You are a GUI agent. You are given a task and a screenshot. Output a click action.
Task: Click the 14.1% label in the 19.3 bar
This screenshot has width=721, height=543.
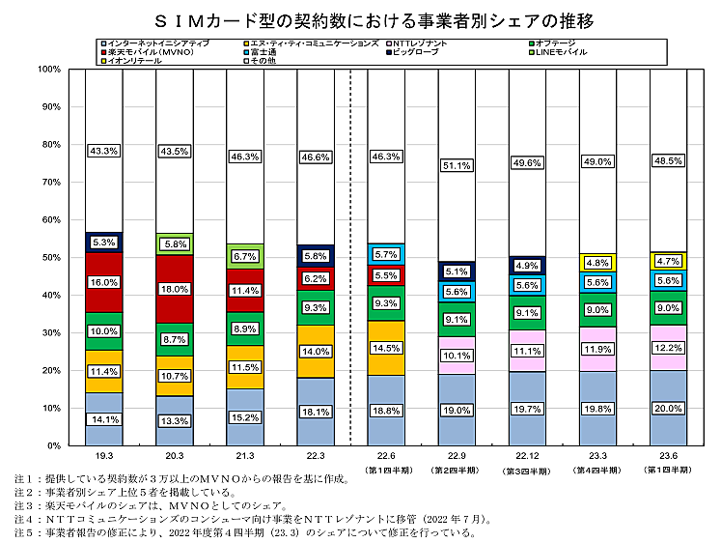103,419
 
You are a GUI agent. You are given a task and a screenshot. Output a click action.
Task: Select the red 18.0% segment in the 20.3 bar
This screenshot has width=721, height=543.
174,289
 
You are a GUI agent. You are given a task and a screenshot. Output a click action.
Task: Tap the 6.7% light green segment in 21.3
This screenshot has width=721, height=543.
244,256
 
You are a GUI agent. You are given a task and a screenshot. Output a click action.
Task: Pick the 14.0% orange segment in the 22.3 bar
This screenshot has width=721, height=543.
315,352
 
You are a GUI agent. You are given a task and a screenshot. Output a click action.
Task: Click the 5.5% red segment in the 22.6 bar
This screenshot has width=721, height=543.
385,275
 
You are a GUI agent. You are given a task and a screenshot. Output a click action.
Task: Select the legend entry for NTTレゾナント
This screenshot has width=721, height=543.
429,43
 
